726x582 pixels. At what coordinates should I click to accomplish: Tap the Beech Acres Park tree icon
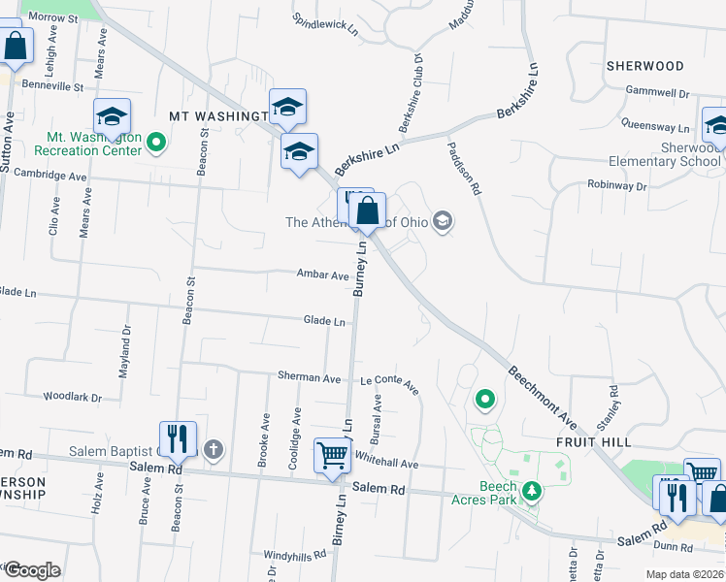point(531,493)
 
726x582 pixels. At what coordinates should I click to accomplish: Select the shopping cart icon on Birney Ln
point(332,454)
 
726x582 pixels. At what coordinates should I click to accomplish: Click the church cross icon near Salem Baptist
point(214,449)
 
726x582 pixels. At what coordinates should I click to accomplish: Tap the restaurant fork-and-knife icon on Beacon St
point(178,437)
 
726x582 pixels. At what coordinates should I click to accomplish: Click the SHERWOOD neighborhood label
point(644,66)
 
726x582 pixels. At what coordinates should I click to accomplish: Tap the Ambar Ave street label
point(323,275)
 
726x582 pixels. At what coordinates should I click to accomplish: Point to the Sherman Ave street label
point(309,376)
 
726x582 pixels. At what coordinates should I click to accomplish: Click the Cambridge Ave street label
point(45,174)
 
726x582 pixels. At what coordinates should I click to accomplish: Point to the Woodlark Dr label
point(73,397)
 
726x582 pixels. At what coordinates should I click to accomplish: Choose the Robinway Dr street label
point(616,184)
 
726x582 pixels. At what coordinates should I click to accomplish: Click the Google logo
point(32,570)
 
